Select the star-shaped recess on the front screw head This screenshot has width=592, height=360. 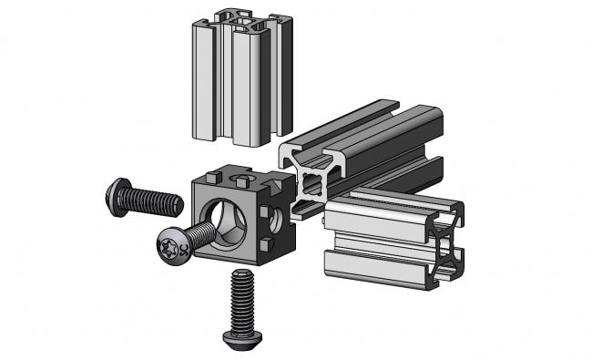pos(170,245)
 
